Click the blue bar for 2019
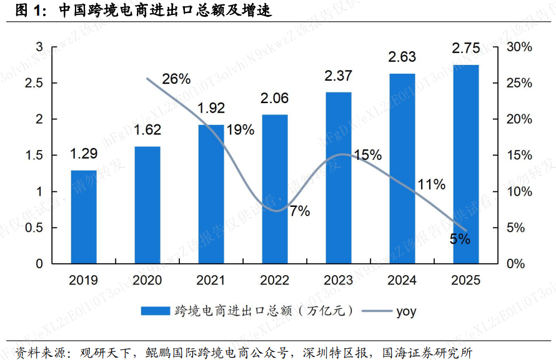[x=84, y=216]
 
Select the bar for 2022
[x=275, y=189]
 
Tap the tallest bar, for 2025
[x=466, y=164]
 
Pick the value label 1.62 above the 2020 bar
[x=147, y=131]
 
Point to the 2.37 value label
[x=338, y=76]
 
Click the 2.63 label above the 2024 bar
[x=402, y=57]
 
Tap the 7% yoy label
[x=299, y=211]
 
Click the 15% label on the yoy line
[x=367, y=155]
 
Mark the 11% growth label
[x=432, y=184]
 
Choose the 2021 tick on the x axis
[x=211, y=281]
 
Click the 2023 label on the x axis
[x=338, y=281]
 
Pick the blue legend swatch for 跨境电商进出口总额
[x=155, y=311]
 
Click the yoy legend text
[x=406, y=311]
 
